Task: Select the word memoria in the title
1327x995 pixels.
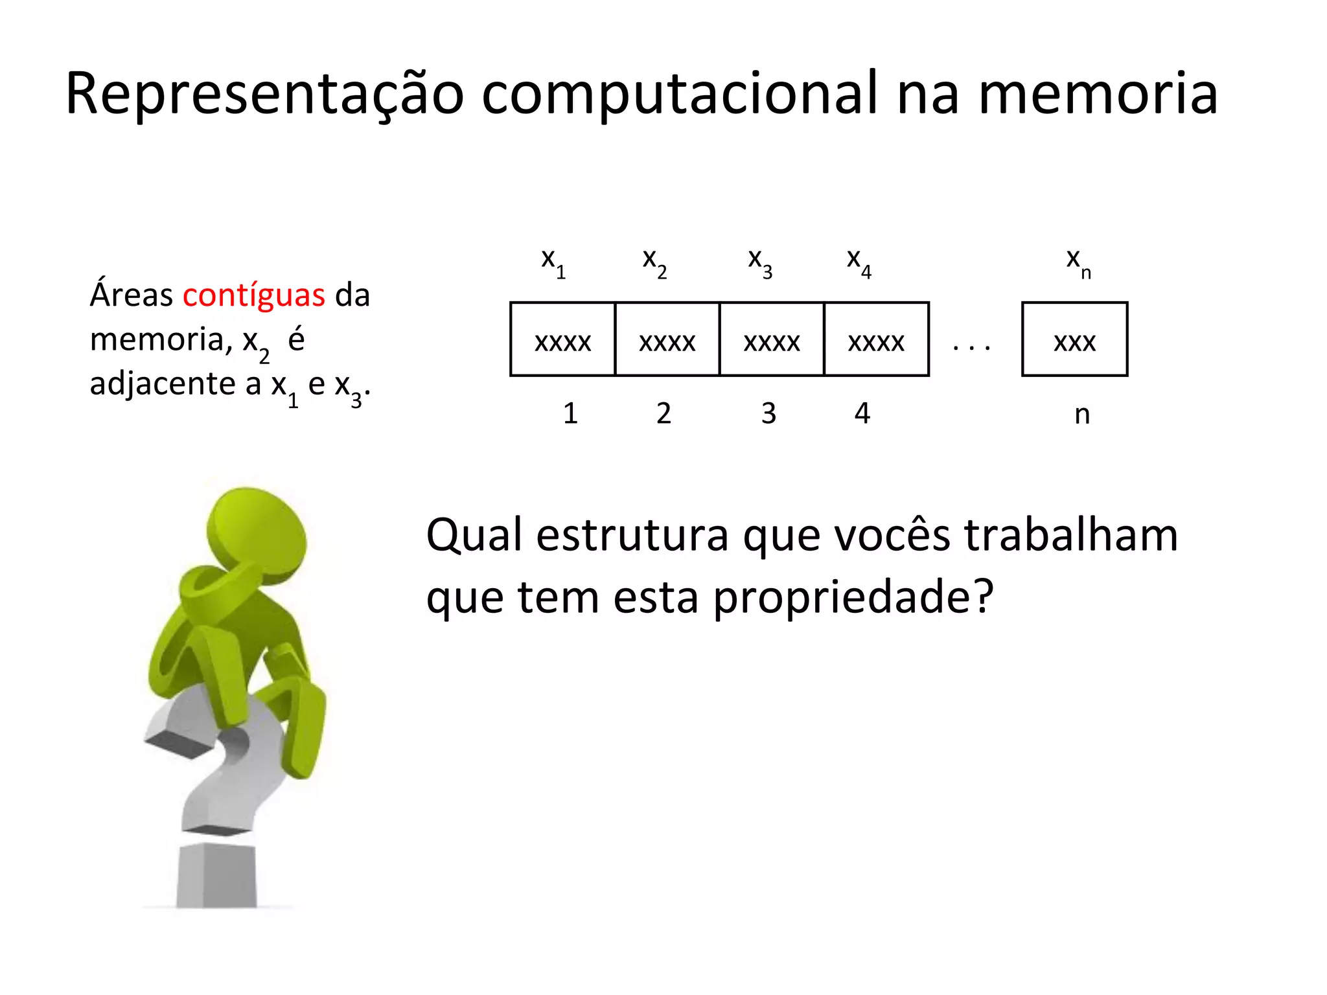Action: coord(1098,95)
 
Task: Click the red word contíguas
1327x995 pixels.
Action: coord(253,295)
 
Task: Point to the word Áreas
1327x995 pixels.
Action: coord(131,295)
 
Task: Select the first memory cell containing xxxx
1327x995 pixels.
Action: coord(562,339)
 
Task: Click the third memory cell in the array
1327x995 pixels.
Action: coord(772,339)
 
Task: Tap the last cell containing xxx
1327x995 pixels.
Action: coord(1074,339)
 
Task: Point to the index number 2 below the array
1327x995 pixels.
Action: coord(663,413)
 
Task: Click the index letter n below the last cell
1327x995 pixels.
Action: coord(1082,415)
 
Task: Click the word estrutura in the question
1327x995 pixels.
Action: coord(632,536)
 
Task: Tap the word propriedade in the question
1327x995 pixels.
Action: coord(853,597)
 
